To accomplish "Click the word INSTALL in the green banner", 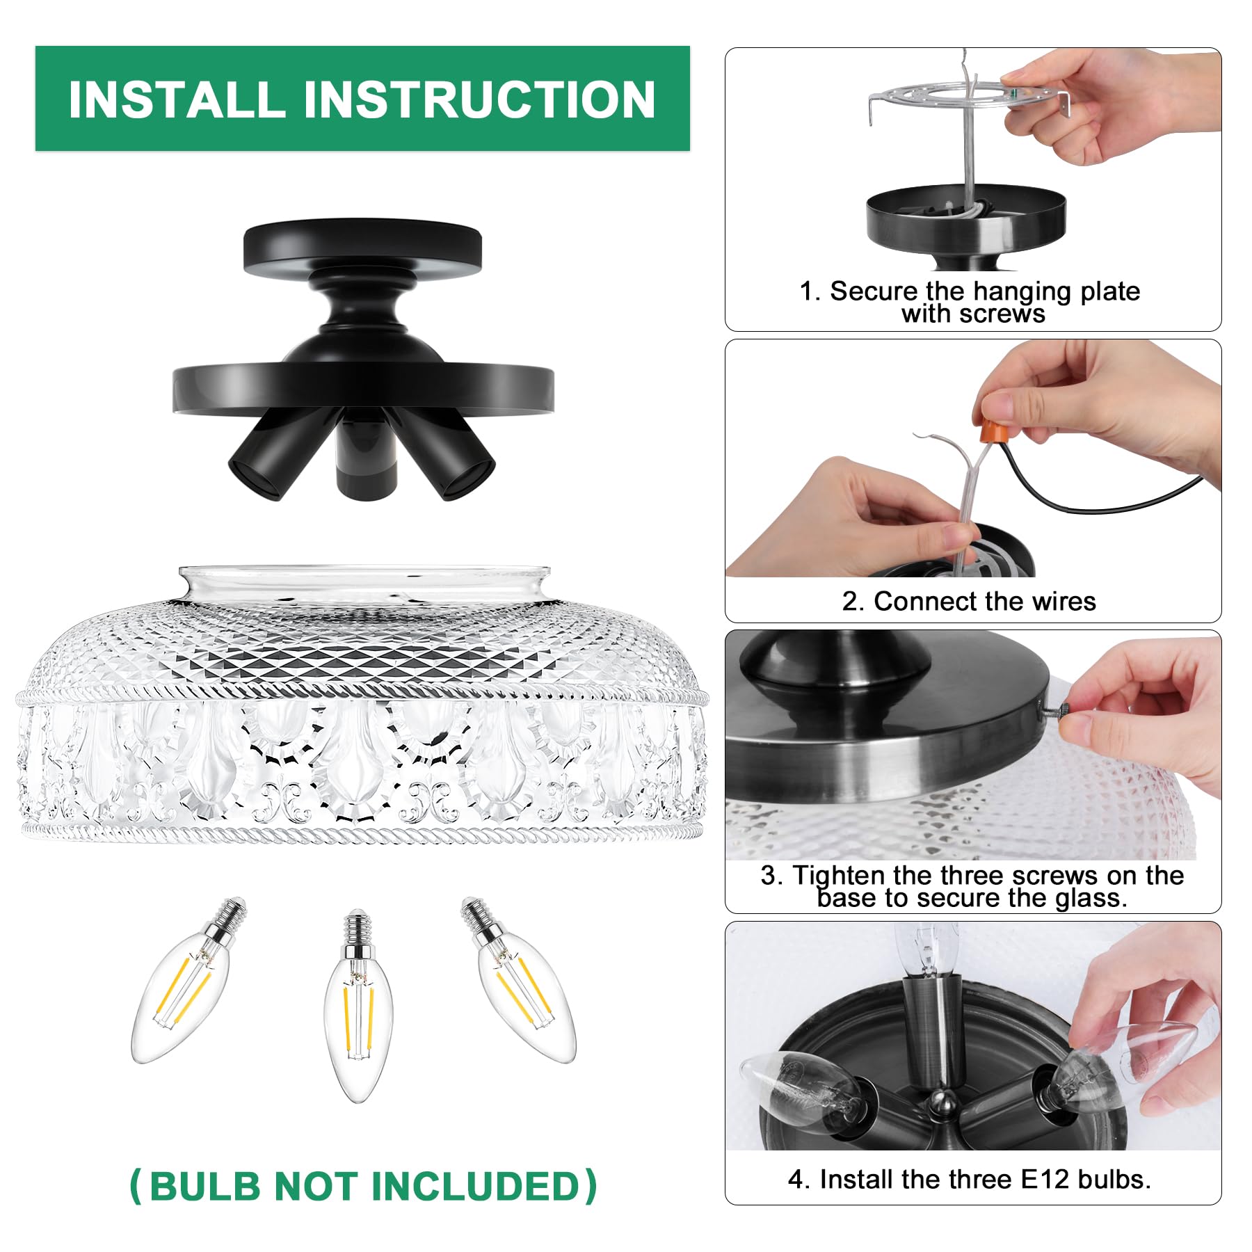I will click(x=177, y=99).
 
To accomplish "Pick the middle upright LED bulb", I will click(x=358, y=1009).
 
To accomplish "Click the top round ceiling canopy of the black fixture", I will click(x=362, y=247).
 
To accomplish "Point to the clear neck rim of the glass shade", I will click(x=365, y=581).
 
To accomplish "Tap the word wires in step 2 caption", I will click(x=1061, y=601).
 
